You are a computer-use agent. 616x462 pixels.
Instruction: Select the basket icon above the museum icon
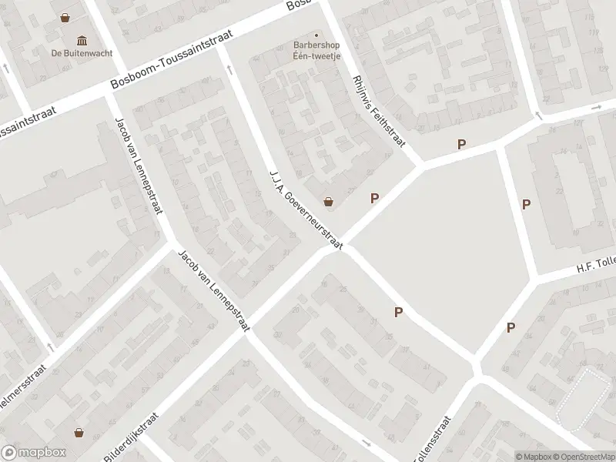(67, 16)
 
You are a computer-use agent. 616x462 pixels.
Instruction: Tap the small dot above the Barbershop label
(316, 35)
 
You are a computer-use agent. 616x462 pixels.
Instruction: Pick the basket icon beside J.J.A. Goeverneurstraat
(329, 202)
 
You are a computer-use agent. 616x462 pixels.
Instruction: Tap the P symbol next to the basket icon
(374, 198)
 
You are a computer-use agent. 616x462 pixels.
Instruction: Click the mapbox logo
(33, 453)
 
